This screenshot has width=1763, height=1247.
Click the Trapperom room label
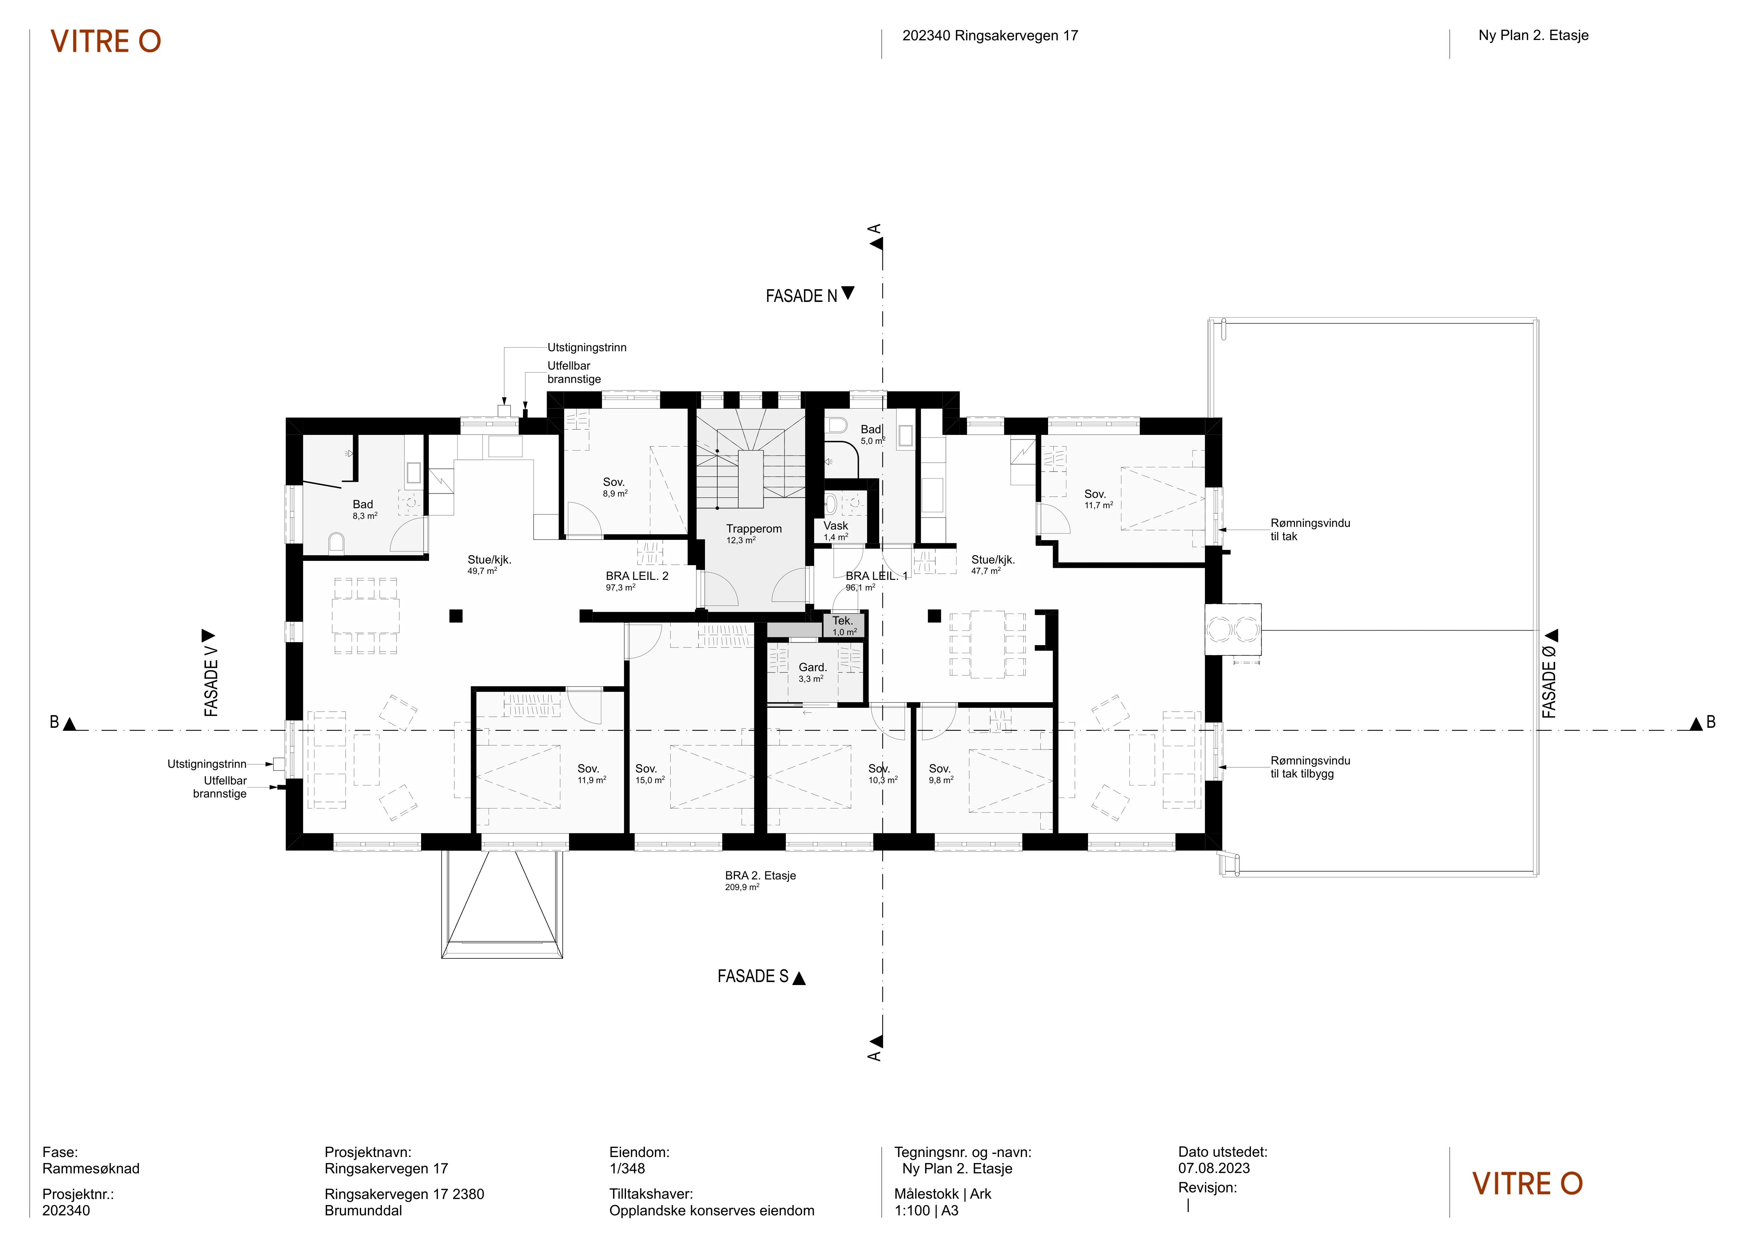pyautogui.click(x=754, y=529)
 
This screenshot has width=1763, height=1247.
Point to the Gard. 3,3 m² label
pyautogui.click(x=813, y=672)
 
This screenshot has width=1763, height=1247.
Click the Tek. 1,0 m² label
pyautogui.click(x=844, y=626)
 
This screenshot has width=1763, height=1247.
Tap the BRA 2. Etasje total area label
pyautogui.click(x=760, y=881)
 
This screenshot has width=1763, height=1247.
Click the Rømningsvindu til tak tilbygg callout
pyautogui.click(x=1310, y=767)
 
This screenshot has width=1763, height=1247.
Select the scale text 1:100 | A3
pyautogui.click(x=926, y=1211)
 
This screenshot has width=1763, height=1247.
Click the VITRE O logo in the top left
pyautogui.click(x=106, y=41)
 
